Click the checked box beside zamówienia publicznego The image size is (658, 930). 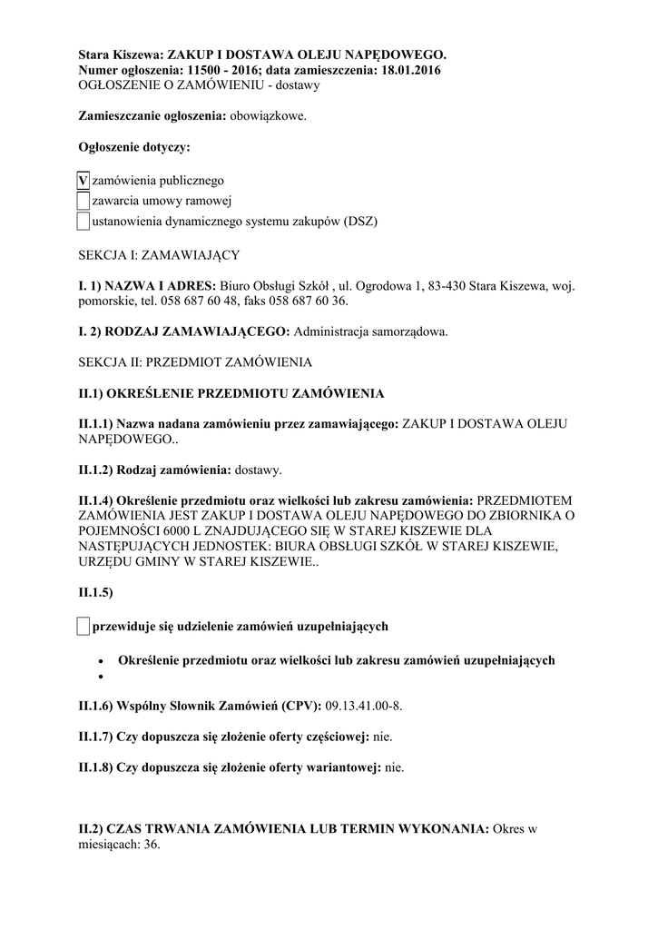coord(83,181)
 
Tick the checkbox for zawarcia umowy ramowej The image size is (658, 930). coord(83,201)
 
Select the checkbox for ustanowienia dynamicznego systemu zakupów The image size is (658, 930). coord(83,221)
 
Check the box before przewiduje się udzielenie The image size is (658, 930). coord(83,626)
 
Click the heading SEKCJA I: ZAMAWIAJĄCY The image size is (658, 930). coord(160,255)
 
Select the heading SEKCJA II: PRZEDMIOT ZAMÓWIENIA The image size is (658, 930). coord(195,362)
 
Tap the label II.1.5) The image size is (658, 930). coord(95,592)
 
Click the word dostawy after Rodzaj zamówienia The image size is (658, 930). coord(258,470)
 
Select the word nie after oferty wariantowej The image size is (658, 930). coord(394,767)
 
